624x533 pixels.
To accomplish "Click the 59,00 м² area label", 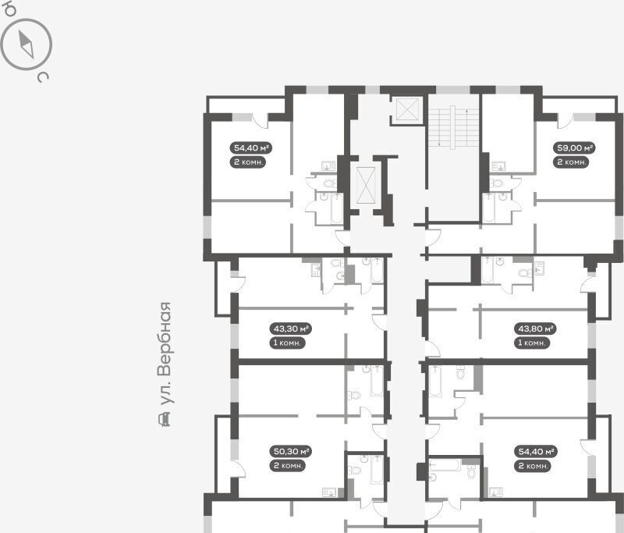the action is pyautogui.click(x=574, y=148).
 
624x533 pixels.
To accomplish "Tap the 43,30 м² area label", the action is pyautogui.click(x=290, y=329).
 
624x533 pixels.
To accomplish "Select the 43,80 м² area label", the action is pyautogui.click(x=535, y=329).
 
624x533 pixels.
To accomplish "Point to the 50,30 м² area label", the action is pyautogui.click(x=290, y=451).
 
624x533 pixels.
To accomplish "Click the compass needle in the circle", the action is pyautogui.click(x=27, y=44).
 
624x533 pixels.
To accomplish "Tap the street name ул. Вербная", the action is pyautogui.click(x=165, y=354).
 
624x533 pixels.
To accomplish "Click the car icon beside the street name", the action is pyautogui.click(x=164, y=420).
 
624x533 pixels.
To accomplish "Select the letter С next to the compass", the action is pyautogui.click(x=43, y=76).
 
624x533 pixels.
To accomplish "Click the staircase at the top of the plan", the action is pyautogui.click(x=453, y=127).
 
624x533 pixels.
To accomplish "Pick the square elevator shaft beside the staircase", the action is pyautogui.click(x=408, y=108).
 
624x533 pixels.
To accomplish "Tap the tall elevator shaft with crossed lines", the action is pyautogui.click(x=366, y=185).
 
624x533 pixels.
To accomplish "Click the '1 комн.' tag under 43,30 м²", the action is pyautogui.click(x=287, y=343).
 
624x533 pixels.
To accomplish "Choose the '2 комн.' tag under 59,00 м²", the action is pyautogui.click(x=571, y=162).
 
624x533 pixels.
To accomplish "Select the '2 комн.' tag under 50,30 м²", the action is pyautogui.click(x=287, y=465).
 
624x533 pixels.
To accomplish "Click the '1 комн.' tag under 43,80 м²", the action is pyautogui.click(x=532, y=343).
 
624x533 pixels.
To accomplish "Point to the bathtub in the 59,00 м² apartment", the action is pyautogui.click(x=489, y=208).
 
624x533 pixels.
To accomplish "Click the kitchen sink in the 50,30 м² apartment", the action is pyautogui.click(x=330, y=492).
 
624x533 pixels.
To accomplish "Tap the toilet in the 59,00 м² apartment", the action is pyautogui.click(x=496, y=183).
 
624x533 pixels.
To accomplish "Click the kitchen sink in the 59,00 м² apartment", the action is pyautogui.click(x=498, y=166).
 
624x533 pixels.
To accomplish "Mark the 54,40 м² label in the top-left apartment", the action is pyautogui.click(x=251, y=148).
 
